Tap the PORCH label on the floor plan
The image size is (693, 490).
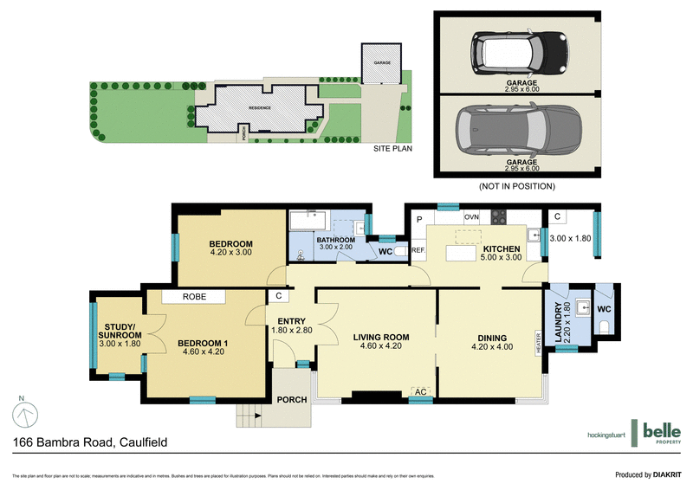pos(292,400)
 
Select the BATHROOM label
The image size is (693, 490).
pos(335,240)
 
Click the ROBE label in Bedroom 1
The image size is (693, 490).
pos(193,297)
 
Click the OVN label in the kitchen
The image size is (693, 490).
pos(471,216)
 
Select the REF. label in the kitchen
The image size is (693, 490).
pos(418,251)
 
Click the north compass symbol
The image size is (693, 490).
pos(27,413)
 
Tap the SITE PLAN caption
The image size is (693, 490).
pos(392,149)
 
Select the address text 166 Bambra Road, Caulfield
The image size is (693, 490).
pos(89,442)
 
